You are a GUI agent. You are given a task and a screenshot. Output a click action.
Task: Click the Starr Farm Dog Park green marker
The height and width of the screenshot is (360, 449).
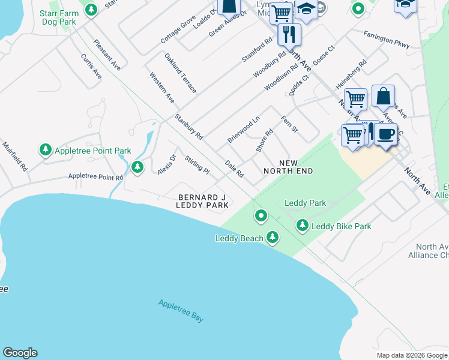click(x=91, y=10)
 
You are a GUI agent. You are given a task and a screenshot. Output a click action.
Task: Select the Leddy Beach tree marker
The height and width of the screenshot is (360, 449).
click(x=273, y=238)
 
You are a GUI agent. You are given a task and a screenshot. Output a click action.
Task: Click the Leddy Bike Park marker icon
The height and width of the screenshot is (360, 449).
click(x=302, y=226)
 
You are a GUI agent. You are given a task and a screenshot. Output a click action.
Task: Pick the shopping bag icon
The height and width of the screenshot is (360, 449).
click(x=383, y=96)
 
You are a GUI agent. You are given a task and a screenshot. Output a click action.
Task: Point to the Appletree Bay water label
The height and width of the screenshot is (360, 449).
click(x=181, y=311)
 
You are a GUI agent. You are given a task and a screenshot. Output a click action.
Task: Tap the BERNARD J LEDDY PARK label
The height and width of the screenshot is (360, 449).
click(x=203, y=201)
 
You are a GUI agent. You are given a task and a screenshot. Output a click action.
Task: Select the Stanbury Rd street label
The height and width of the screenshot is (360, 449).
click(x=188, y=127)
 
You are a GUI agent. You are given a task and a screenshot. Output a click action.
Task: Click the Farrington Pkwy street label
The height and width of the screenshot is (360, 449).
click(x=386, y=38)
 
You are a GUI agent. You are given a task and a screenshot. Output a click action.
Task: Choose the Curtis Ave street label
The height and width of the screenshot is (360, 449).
click(x=91, y=65)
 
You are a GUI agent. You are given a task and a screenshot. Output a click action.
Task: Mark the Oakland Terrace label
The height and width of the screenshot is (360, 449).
click(x=180, y=73)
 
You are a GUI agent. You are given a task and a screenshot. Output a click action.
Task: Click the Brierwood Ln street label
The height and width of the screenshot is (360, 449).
click(x=243, y=129)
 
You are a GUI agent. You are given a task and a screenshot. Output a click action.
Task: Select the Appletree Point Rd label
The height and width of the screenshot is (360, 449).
click(x=95, y=176)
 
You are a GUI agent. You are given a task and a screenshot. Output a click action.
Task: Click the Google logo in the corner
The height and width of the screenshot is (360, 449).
click(x=20, y=353)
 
